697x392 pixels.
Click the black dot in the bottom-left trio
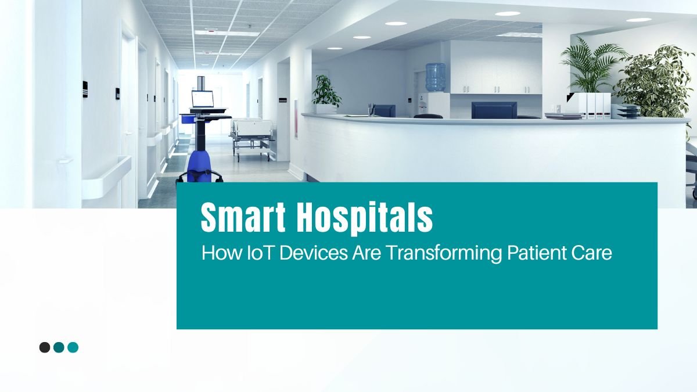pos(45,347)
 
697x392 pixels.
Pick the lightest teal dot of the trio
pos(73,347)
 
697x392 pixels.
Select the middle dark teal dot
pos(59,347)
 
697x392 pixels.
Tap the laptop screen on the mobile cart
pos(203,99)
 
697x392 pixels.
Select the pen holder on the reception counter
pos(371,110)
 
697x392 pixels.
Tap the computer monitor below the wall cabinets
pos(494,110)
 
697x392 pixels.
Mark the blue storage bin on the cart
pos(186,119)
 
